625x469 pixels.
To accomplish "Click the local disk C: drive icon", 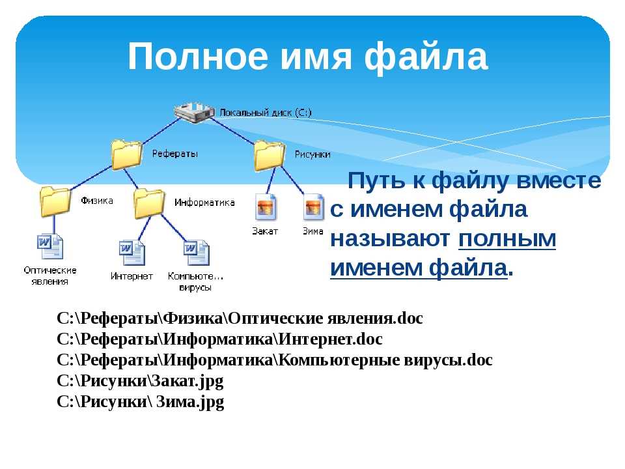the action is coord(194,113).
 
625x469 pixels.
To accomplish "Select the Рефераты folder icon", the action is coord(127,154).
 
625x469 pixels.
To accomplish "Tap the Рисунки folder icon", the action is coord(270,155).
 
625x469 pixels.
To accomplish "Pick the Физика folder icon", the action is coord(55,201).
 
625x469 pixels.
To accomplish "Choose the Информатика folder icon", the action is coord(149,203).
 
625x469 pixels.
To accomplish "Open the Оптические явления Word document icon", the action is coord(50,246).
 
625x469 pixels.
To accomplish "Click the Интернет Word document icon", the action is coord(132,253).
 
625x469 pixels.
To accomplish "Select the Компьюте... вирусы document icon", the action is coord(197,253).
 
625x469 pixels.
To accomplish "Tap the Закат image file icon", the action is coord(266,207).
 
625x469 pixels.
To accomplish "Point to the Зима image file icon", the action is coord(314,207).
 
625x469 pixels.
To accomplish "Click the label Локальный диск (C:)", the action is coord(266,113).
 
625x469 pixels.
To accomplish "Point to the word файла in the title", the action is coord(426,57).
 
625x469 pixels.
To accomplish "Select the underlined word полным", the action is coord(507,239).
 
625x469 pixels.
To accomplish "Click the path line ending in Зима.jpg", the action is coord(141,402).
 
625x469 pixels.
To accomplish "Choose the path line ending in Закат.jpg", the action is coord(140,381).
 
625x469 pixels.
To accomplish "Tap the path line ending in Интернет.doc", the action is coord(219,339).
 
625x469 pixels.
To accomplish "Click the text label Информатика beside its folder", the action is coord(204,203).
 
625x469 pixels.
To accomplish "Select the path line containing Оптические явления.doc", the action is coord(240,319).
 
